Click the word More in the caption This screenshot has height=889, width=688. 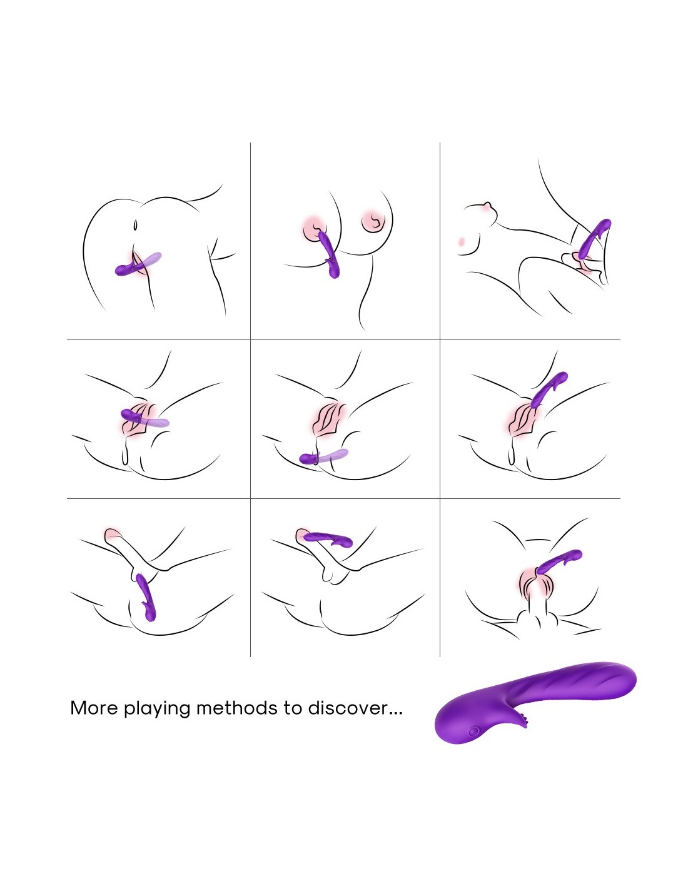[x=94, y=708]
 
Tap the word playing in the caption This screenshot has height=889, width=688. [x=157, y=710]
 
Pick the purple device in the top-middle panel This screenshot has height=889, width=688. [x=330, y=254]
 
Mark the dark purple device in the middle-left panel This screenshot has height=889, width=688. [x=135, y=416]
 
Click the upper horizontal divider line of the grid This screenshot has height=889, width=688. [x=343, y=339]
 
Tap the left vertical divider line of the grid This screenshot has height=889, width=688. [x=250, y=399]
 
